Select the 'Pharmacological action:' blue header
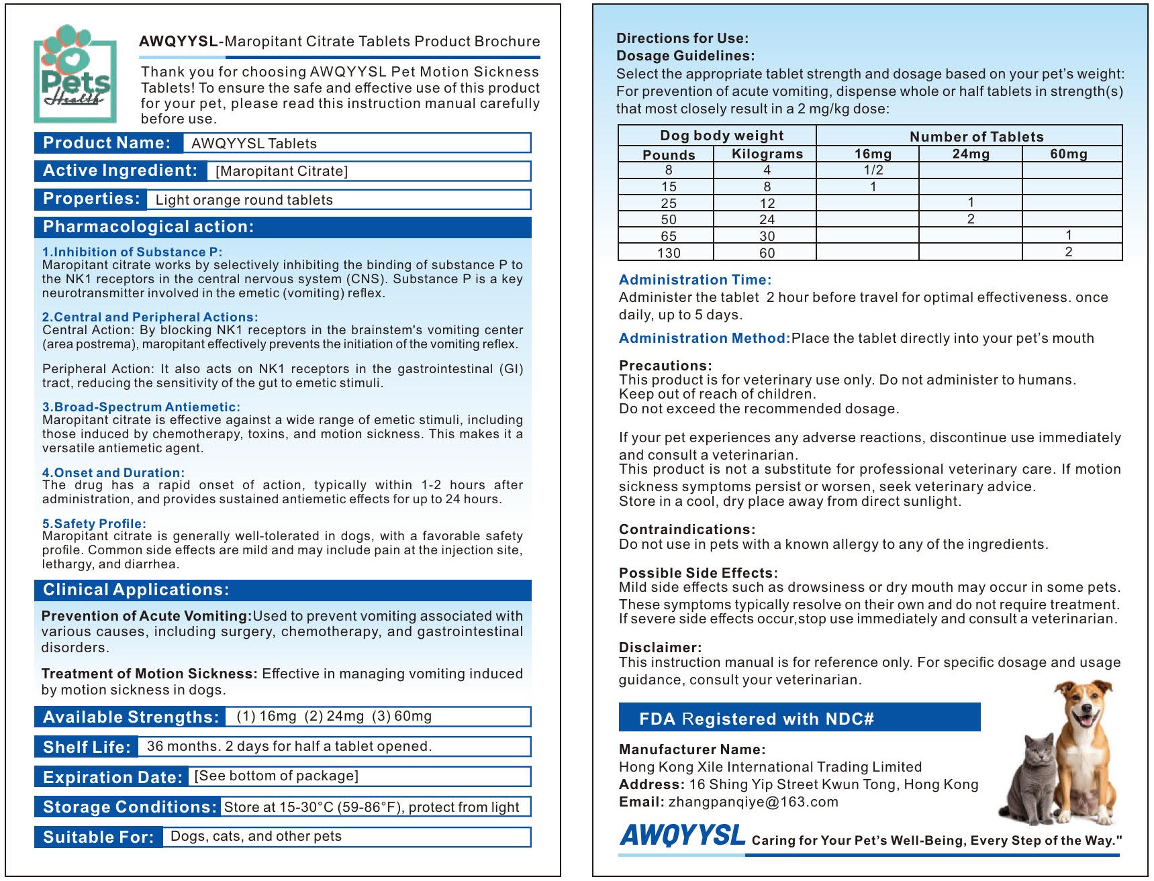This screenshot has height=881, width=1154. point(148,227)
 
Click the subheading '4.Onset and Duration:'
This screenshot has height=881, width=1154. point(113,472)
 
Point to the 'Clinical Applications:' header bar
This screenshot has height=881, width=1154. point(136,590)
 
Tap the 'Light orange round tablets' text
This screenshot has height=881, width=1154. point(244,200)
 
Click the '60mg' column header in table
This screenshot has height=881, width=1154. point(1068,154)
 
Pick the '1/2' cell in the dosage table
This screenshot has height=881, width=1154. point(873,170)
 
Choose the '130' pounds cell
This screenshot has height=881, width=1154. point(668,253)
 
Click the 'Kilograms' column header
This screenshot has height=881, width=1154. point(767,154)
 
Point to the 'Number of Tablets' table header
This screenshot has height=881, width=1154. point(976,136)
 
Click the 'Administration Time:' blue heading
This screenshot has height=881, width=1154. point(695,280)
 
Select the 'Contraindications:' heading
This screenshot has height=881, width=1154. point(687,529)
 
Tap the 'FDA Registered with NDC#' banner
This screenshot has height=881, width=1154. point(756,719)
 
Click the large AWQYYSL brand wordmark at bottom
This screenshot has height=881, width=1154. point(682,836)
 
